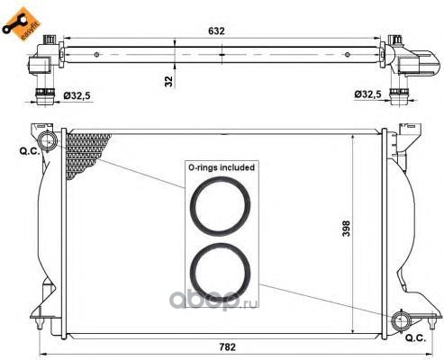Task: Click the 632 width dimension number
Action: coord(216,31)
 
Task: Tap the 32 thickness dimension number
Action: coord(169,81)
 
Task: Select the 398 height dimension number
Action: coord(346,229)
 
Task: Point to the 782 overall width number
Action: coord(227,347)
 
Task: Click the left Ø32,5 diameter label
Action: coord(77,95)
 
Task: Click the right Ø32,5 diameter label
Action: coord(367,94)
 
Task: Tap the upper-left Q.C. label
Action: coord(30,151)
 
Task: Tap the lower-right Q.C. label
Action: coord(416,338)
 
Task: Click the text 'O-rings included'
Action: coord(222,167)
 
